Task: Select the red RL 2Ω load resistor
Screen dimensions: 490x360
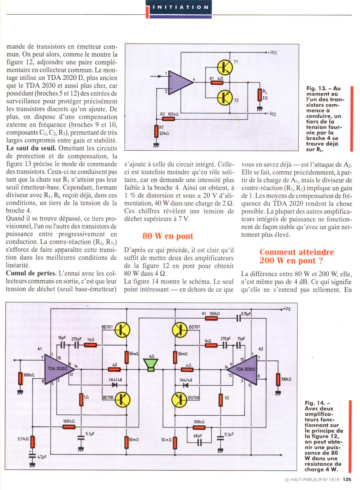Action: pyautogui.click(x=259, y=95)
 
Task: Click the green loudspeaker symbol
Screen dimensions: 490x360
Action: pyautogui.click(x=151, y=365)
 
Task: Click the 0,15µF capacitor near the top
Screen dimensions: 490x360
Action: pyautogui.click(x=239, y=318)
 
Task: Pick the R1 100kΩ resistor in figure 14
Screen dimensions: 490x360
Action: pyautogui.click(x=212, y=318)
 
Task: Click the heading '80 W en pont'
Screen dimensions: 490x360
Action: pyautogui.click(x=168, y=236)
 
